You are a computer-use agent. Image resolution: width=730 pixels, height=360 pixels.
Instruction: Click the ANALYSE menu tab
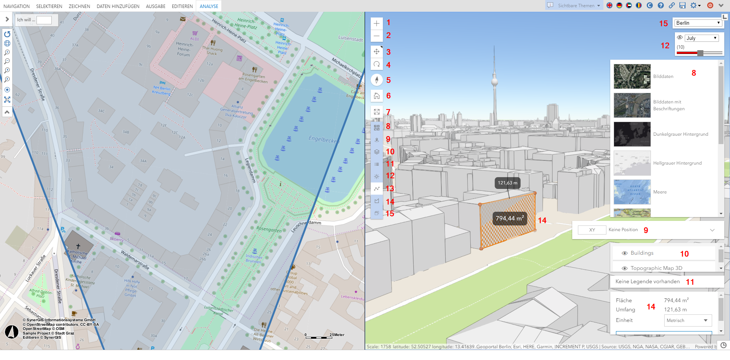point(209,6)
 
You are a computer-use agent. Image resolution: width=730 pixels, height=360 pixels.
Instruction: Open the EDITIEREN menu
point(182,6)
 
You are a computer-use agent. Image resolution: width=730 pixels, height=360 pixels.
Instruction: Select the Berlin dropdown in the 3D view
point(698,23)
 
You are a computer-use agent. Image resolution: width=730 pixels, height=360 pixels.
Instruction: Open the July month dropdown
point(702,38)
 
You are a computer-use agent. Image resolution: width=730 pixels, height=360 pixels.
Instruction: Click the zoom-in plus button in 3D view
point(376,23)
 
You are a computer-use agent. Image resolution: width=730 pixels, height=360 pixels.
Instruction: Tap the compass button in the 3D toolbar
point(376,80)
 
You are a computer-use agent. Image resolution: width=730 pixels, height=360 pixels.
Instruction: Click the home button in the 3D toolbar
point(376,96)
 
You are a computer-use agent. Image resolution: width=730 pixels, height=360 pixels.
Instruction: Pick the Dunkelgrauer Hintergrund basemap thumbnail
point(632,134)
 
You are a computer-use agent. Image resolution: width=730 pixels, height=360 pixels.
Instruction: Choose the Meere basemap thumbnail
point(632,192)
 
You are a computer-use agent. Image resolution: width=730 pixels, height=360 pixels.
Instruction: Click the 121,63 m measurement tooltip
point(507,183)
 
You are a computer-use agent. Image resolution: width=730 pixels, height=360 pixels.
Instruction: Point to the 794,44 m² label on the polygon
point(509,218)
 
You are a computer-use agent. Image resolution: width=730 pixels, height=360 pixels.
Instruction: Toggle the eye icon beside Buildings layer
point(624,253)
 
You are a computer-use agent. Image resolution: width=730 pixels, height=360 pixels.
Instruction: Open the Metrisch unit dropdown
point(688,320)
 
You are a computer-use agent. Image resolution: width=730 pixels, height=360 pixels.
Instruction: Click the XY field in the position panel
point(592,230)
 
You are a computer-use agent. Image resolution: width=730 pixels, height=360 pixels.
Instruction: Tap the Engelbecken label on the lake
point(323,139)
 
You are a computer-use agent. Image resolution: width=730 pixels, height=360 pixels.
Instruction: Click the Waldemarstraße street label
point(135,260)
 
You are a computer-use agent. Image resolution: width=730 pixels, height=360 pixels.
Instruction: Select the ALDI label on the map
point(195,39)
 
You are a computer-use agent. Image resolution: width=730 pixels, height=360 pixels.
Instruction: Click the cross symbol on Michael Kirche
point(78,246)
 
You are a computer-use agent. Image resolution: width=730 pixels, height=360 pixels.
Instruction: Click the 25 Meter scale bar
point(319,337)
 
